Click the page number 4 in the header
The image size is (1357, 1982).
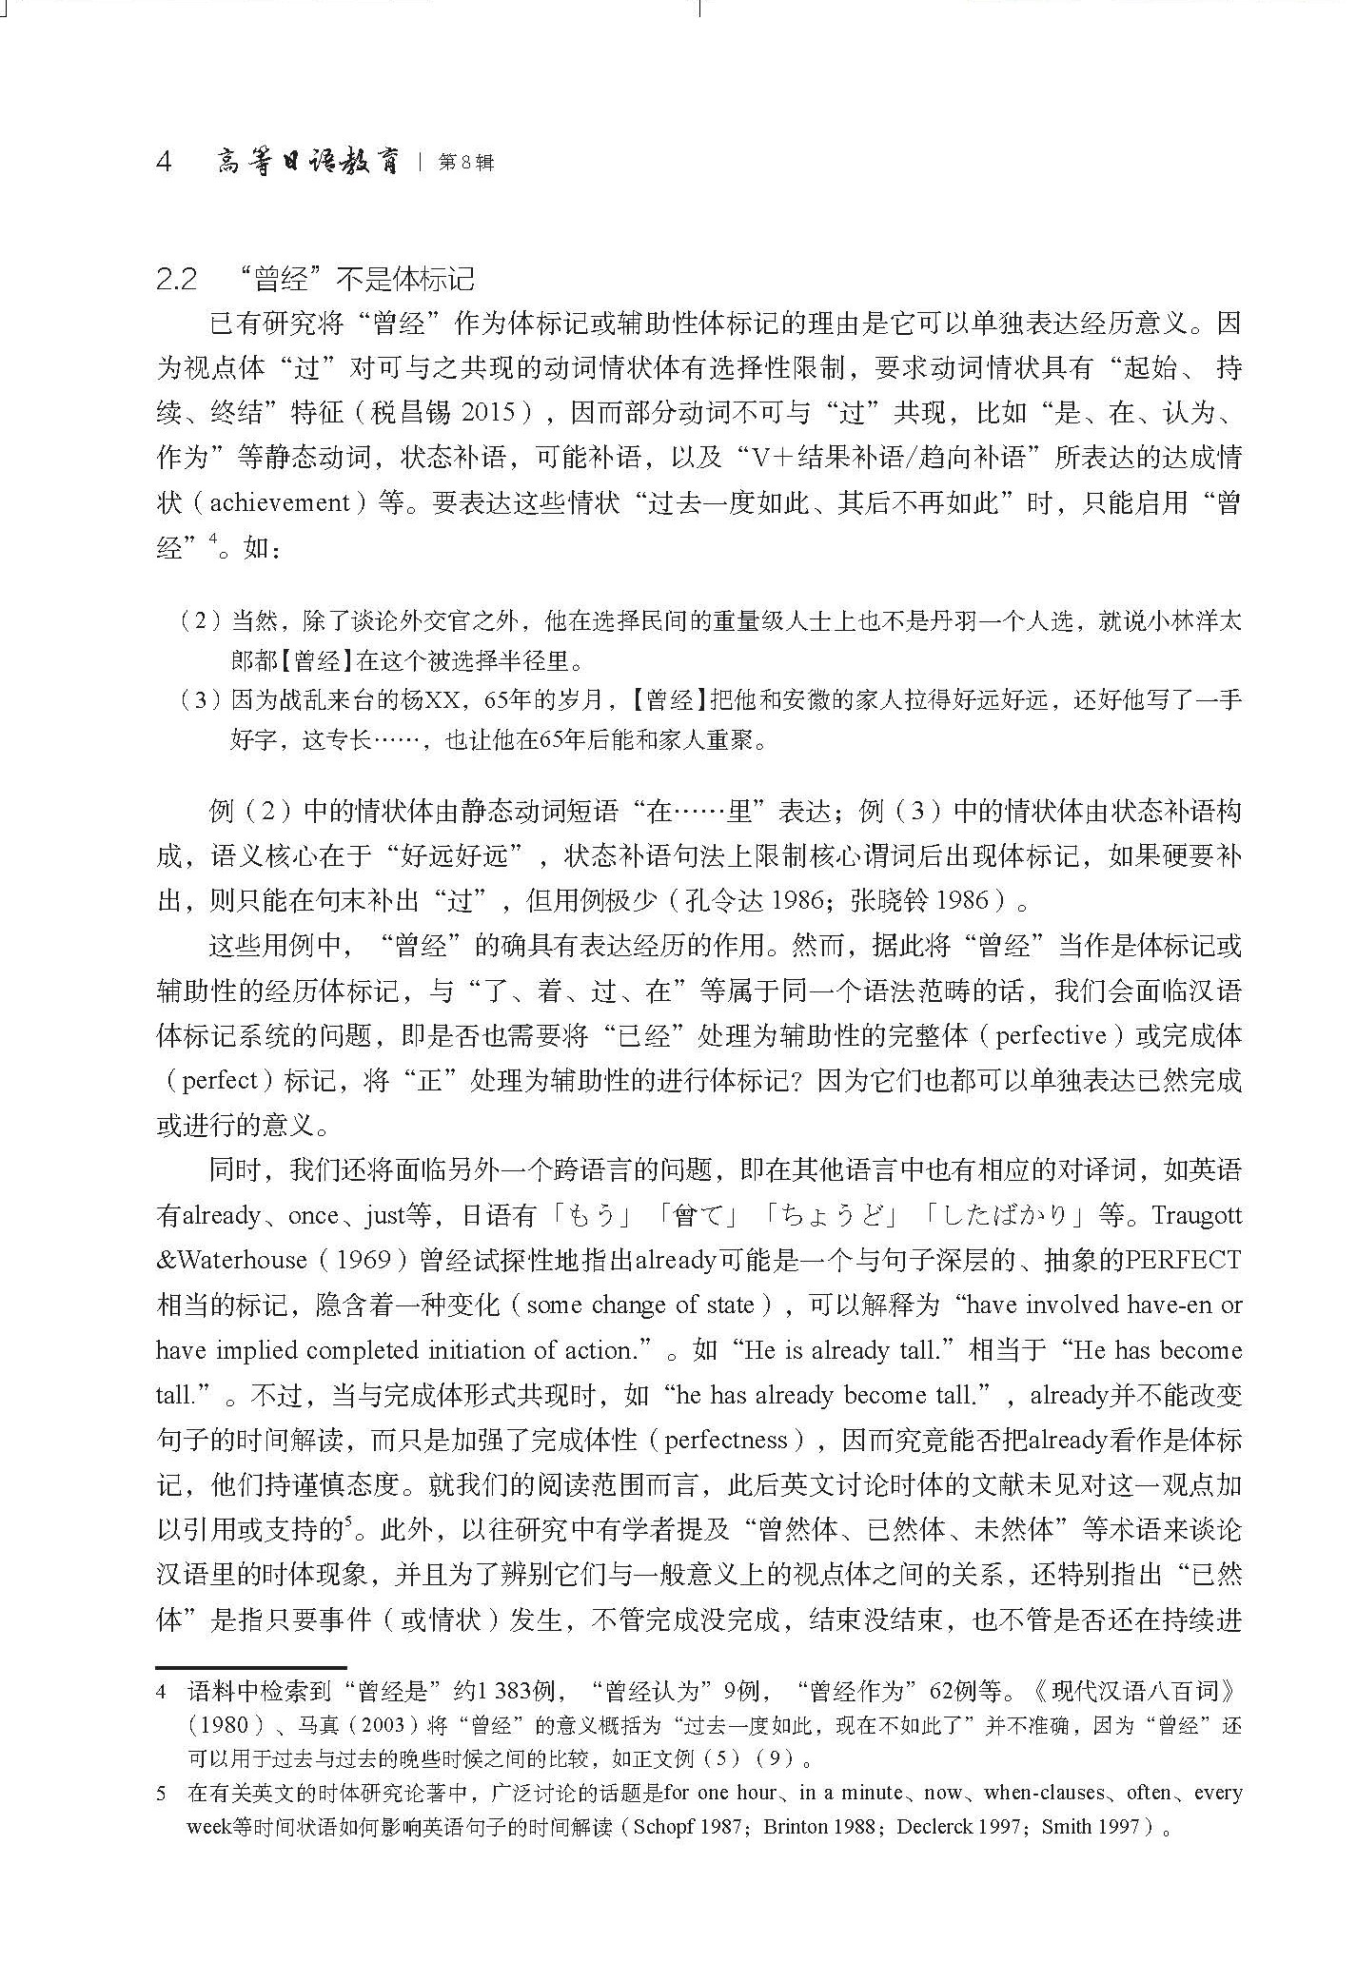point(164,163)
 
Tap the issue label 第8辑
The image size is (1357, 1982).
point(466,164)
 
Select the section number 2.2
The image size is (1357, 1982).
point(177,280)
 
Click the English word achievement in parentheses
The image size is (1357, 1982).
point(265,502)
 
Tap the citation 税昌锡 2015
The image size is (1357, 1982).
point(451,413)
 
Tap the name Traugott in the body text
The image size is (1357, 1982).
point(1195,1216)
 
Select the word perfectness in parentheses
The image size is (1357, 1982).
point(725,1441)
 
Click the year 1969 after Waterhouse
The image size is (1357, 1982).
point(364,1261)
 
